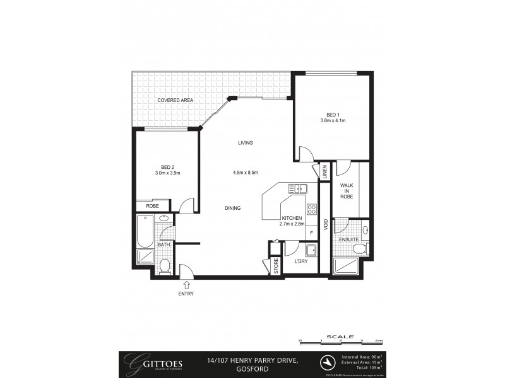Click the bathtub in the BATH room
145,231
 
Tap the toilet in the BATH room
165,266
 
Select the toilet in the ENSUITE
360,249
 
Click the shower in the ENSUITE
346,266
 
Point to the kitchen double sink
297,188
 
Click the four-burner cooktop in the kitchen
311,209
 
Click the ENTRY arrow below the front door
186,285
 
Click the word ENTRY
186,294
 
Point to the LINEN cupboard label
325,171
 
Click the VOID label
325,224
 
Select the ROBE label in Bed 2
152,206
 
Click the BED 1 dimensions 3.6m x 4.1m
333,120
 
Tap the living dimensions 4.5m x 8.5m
246,173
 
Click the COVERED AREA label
175,100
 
